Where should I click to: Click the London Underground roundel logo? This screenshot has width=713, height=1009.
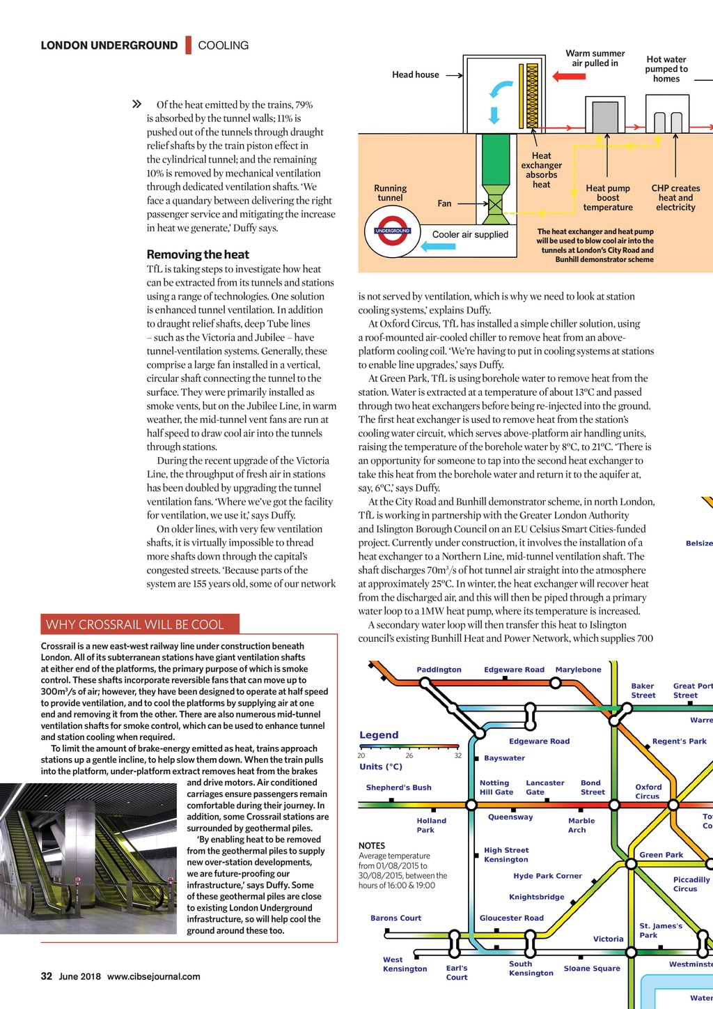(x=392, y=232)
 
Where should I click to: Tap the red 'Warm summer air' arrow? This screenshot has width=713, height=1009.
(x=569, y=77)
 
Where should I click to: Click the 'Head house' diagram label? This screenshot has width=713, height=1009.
(x=416, y=75)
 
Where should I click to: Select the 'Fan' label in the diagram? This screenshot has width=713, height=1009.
(x=444, y=203)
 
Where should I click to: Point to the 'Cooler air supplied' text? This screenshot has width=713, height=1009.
(x=470, y=235)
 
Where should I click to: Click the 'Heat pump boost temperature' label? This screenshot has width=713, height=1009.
(x=608, y=198)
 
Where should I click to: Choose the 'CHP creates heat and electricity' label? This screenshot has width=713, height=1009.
(x=675, y=198)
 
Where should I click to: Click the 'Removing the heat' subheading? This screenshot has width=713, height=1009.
(x=198, y=254)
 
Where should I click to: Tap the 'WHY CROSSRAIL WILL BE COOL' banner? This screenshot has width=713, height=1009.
(x=140, y=624)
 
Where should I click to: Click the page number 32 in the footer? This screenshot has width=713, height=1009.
(x=47, y=976)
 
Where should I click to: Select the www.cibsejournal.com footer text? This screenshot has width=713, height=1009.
(x=154, y=976)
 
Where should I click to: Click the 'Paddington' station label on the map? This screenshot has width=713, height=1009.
(x=439, y=670)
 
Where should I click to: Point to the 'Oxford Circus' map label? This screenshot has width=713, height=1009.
(x=648, y=792)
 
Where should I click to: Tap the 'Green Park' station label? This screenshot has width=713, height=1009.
(x=661, y=855)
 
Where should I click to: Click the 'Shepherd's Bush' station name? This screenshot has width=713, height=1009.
(x=398, y=787)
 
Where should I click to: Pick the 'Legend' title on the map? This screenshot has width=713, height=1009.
(x=379, y=735)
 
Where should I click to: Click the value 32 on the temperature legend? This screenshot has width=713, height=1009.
(x=457, y=755)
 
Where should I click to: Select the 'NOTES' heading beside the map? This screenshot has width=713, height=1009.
(x=372, y=845)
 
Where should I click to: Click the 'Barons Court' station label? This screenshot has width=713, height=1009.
(x=395, y=918)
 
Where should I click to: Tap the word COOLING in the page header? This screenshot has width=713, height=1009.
(x=223, y=45)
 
